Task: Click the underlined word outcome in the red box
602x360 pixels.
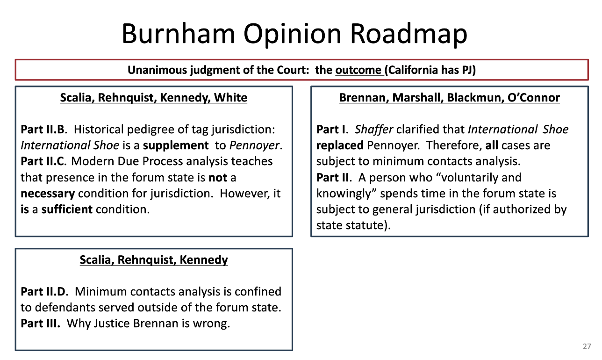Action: (x=358, y=70)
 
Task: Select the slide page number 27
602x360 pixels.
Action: (x=587, y=346)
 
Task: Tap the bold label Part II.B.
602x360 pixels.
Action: (x=44, y=129)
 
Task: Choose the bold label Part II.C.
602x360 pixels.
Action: (x=44, y=161)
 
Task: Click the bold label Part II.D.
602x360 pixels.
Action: (x=44, y=292)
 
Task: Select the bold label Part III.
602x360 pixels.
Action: (x=41, y=324)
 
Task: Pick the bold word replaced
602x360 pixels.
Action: (x=340, y=145)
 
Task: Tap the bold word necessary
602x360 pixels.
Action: (x=48, y=194)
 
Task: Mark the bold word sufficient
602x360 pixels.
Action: (x=67, y=209)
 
